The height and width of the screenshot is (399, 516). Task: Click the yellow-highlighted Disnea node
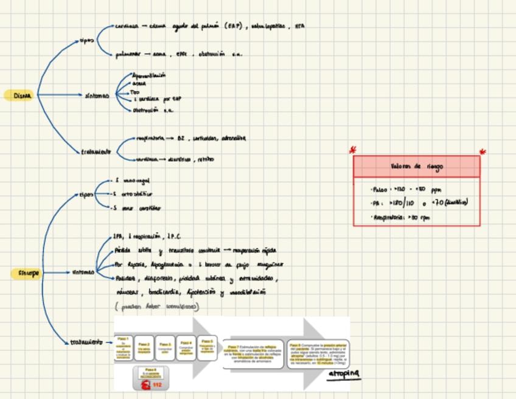pyautogui.click(x=22, y=95)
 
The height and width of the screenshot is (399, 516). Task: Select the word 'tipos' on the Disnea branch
pyautogui.click(x=87, y=41)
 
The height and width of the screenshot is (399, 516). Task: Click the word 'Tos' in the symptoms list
pyautogui.click(x=136, y=91)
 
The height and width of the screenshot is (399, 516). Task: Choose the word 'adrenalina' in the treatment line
pyautogui.click(x=234, y=138)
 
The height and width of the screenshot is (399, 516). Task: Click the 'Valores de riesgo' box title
pyautogui.click(x=417, y=166)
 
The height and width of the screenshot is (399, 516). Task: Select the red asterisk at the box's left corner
pyautogui.click(x=352, y=150)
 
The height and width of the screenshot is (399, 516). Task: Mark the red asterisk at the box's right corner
pyautogui.click(x=483, y=152)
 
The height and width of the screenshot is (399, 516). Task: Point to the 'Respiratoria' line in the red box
pyautogui.click(x=402, y=217)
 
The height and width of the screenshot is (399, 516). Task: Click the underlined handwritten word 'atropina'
pyautogui.click(x=344, y=373)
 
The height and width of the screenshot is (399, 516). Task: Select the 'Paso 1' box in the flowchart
pyautogui.click(x=124, y=347)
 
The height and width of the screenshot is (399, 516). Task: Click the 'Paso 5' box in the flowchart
pyautogui.click(x=207, y=346)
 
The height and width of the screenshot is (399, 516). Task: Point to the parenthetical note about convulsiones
pyautogui.click(x=156, y=306)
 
